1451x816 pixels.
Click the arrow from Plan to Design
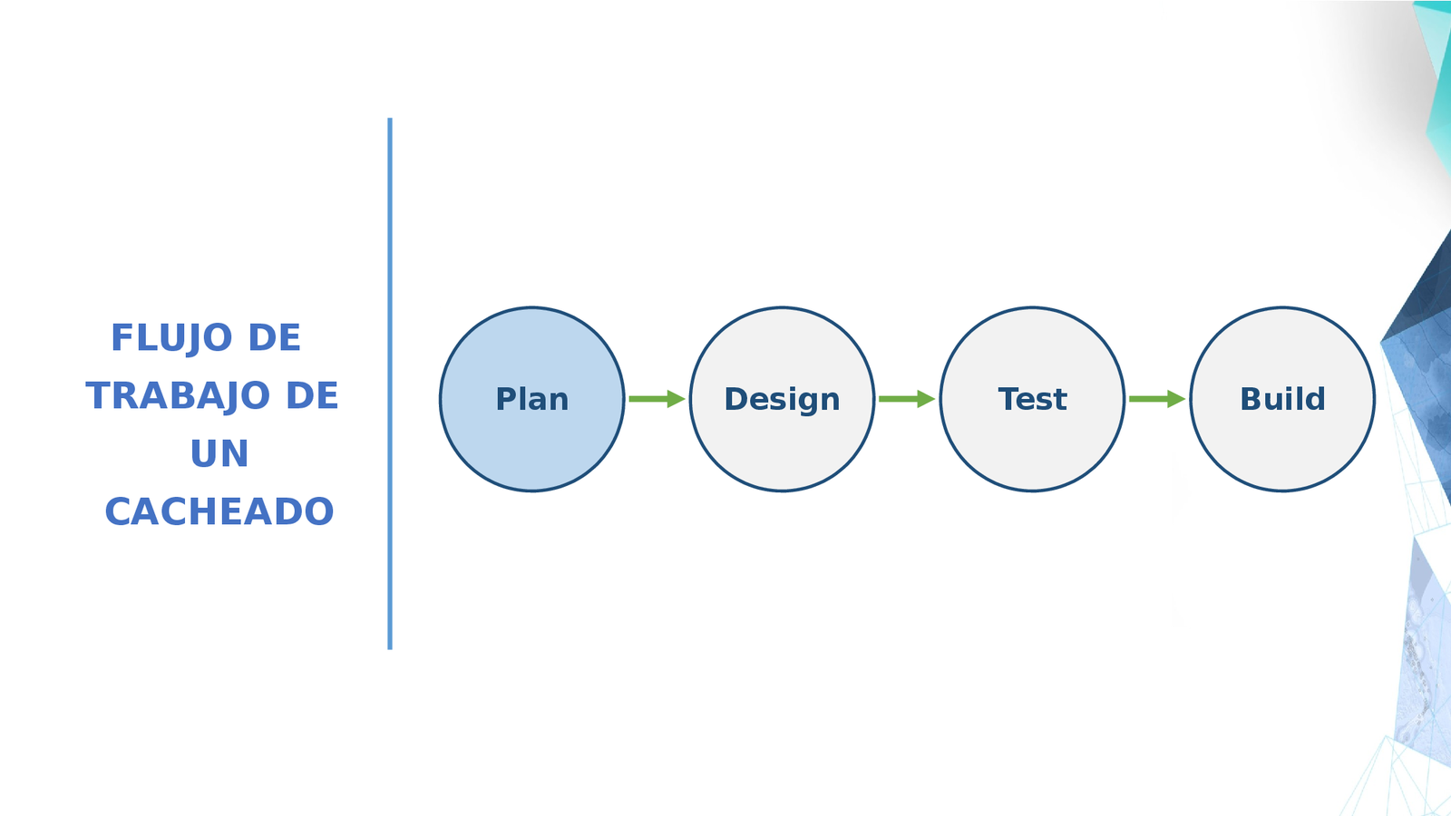pyautogui.click(x=655, y=399)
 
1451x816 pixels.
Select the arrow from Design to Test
pyautogui.click(x=905, y=399)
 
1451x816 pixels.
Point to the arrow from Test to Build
pyautogui.click(x=1155, y=399)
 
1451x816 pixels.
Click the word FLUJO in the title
pyautogui.click(x=171, y=338)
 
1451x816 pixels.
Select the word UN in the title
pyautogui.click(x=219, y=454)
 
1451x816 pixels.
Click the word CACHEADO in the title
pyautogui.click(x=219, y=512)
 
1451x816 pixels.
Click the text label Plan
pyautogui.click(x=532, y=400)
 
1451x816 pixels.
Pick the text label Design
pyautogui.click(x=782, y=400)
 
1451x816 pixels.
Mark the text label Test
pyautogui.click(x=1032, y=400)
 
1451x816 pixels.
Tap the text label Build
pyautogui.click(x=1282, y=400)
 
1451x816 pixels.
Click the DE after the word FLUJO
pyautogui.click(x=274, y=338)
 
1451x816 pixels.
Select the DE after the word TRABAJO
pyautogui.click(x=312, y=396)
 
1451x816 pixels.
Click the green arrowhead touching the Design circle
pyautogui.click(x=677, y=399)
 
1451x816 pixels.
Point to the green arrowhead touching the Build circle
pyautogui.click(x=1176, y=399)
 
